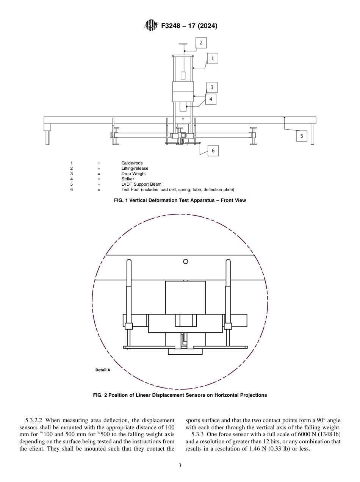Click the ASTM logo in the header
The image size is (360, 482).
(151, 26)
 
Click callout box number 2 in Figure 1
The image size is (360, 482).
(201, 43)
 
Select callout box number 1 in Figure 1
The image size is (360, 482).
(212, 58)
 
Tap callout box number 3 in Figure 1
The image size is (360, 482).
(212, 88)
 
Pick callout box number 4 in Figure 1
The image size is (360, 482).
(211, 99)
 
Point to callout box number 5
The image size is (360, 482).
(301, 136)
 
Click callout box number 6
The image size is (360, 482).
(213, 150)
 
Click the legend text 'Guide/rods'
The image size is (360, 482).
(132, 163)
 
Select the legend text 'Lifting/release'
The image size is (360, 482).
(135, 168)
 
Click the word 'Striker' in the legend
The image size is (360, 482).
(128, 179)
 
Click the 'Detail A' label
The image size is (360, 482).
(103, 370)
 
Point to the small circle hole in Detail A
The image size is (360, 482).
(186, 261)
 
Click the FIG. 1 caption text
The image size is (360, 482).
(180, 200)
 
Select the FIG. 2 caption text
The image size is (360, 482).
(180, 395)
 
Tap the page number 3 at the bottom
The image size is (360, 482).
(180, 465)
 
